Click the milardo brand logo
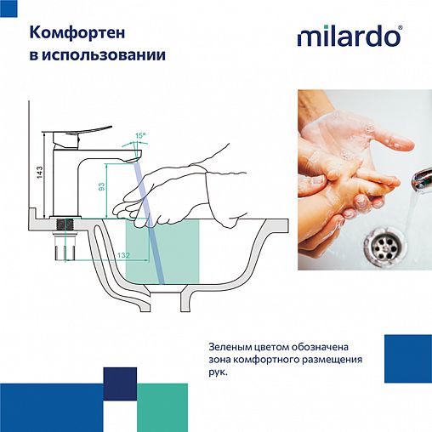coord(349,37)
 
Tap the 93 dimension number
coord(101,187)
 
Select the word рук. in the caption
coord(218,371)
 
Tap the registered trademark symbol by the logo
coord(401,28)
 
